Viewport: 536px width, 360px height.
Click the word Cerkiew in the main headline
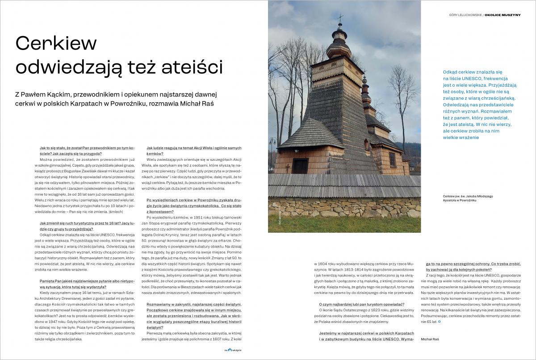click(x=56, y=43)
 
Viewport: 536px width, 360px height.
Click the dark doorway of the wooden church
click(x=300, y=166)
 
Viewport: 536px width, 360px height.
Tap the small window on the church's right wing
click(x=392, y=159)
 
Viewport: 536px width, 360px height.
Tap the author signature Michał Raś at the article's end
click(x=430, y=339)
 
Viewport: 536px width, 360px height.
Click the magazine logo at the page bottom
click(x=233, y=351)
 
